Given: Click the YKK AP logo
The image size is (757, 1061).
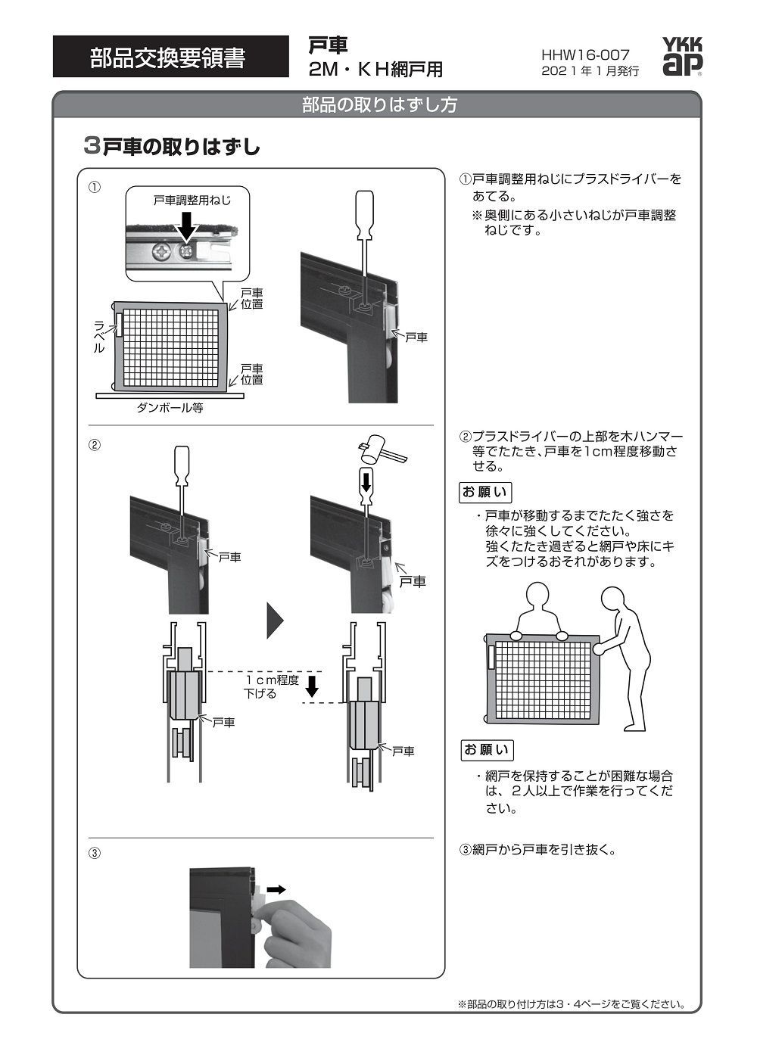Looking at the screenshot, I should coord(682,58).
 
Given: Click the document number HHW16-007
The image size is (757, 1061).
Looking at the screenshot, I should coord(584,55).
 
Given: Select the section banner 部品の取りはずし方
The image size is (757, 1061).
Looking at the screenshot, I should coord(378,105).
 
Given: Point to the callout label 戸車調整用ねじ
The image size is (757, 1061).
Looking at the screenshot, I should coord(192,201).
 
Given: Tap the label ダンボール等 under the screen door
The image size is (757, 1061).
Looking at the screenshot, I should coord(170,408).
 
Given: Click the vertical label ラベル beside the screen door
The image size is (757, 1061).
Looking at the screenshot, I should coord(96,337).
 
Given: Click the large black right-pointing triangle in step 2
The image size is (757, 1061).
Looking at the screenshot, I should coord(275,621).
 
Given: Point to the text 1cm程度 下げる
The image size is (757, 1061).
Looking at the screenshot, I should coord(265,686).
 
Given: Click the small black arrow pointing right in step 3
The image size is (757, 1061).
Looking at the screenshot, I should coord(276,890).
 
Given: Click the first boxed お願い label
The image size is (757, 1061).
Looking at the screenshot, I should coord(485,492).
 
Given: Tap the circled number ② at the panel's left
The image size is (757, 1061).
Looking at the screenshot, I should coord(95,445).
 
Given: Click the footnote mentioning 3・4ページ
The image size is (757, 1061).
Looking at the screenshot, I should coord(572,1004).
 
